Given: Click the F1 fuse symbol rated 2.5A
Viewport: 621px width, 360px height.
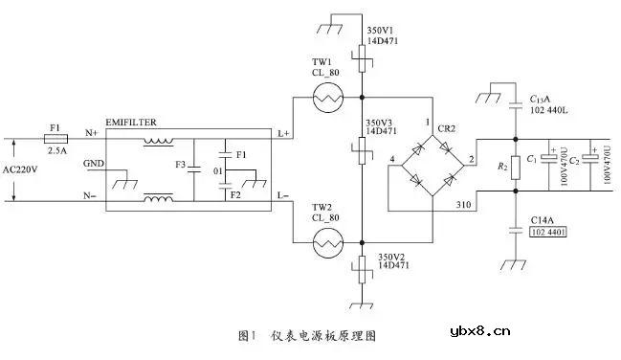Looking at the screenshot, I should [x=56, y=137].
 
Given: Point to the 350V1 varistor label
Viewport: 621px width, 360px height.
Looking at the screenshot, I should [x=380, y=31].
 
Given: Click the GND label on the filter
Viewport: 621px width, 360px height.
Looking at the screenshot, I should [x=94, y=163].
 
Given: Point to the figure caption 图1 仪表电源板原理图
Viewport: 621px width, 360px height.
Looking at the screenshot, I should [x=307, y=336].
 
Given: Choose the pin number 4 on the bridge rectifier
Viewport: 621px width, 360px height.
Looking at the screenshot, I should [x=391, y=158].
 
